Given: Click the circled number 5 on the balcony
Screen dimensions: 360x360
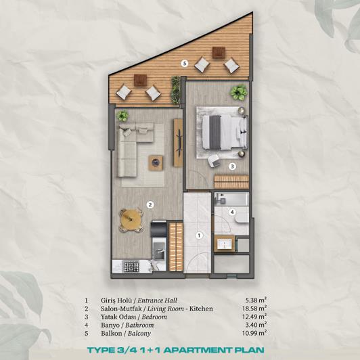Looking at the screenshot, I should click(184, 64).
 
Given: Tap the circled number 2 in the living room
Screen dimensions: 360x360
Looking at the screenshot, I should click(151, 204).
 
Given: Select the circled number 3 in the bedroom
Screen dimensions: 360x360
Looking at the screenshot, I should click(231, 165).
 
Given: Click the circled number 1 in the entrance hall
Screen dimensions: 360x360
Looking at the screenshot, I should click(199, 235).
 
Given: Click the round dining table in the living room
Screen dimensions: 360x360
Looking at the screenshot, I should click(131, 218).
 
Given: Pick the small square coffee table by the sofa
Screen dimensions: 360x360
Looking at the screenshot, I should click(157, 161).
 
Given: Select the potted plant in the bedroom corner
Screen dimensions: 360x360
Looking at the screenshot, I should click(238, 92).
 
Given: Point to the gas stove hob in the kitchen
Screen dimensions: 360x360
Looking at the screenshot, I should click(130, 267).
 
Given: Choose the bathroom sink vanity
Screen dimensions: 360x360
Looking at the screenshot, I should click(223, 242).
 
